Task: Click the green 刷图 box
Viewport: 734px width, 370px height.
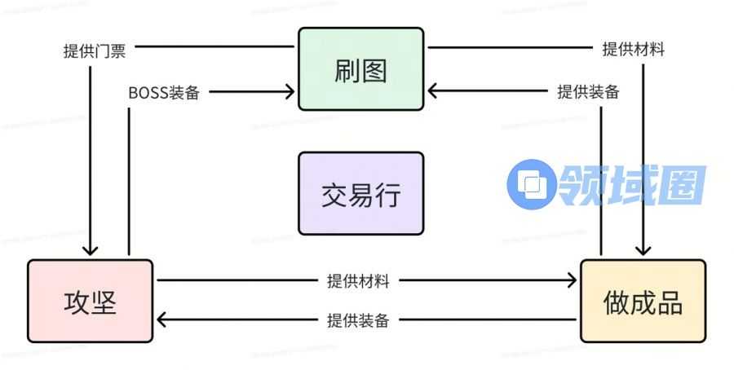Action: coord(360,69)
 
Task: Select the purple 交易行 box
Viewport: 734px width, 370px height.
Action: coord(360,194)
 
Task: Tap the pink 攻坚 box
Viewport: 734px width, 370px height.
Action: coord(90,302)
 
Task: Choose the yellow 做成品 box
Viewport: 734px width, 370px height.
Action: coord(643,302)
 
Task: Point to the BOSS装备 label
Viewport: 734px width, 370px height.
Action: coord(164,92)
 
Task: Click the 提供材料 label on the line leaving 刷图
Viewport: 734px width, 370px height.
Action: coord(633,49)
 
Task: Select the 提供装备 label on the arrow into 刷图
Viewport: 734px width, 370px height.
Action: coord(588,91)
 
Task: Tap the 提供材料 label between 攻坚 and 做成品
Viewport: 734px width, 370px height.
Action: coord(358,281)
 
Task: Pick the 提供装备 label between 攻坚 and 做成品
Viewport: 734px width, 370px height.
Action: coord(358,320)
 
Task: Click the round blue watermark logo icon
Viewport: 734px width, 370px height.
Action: coord(532,184)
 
